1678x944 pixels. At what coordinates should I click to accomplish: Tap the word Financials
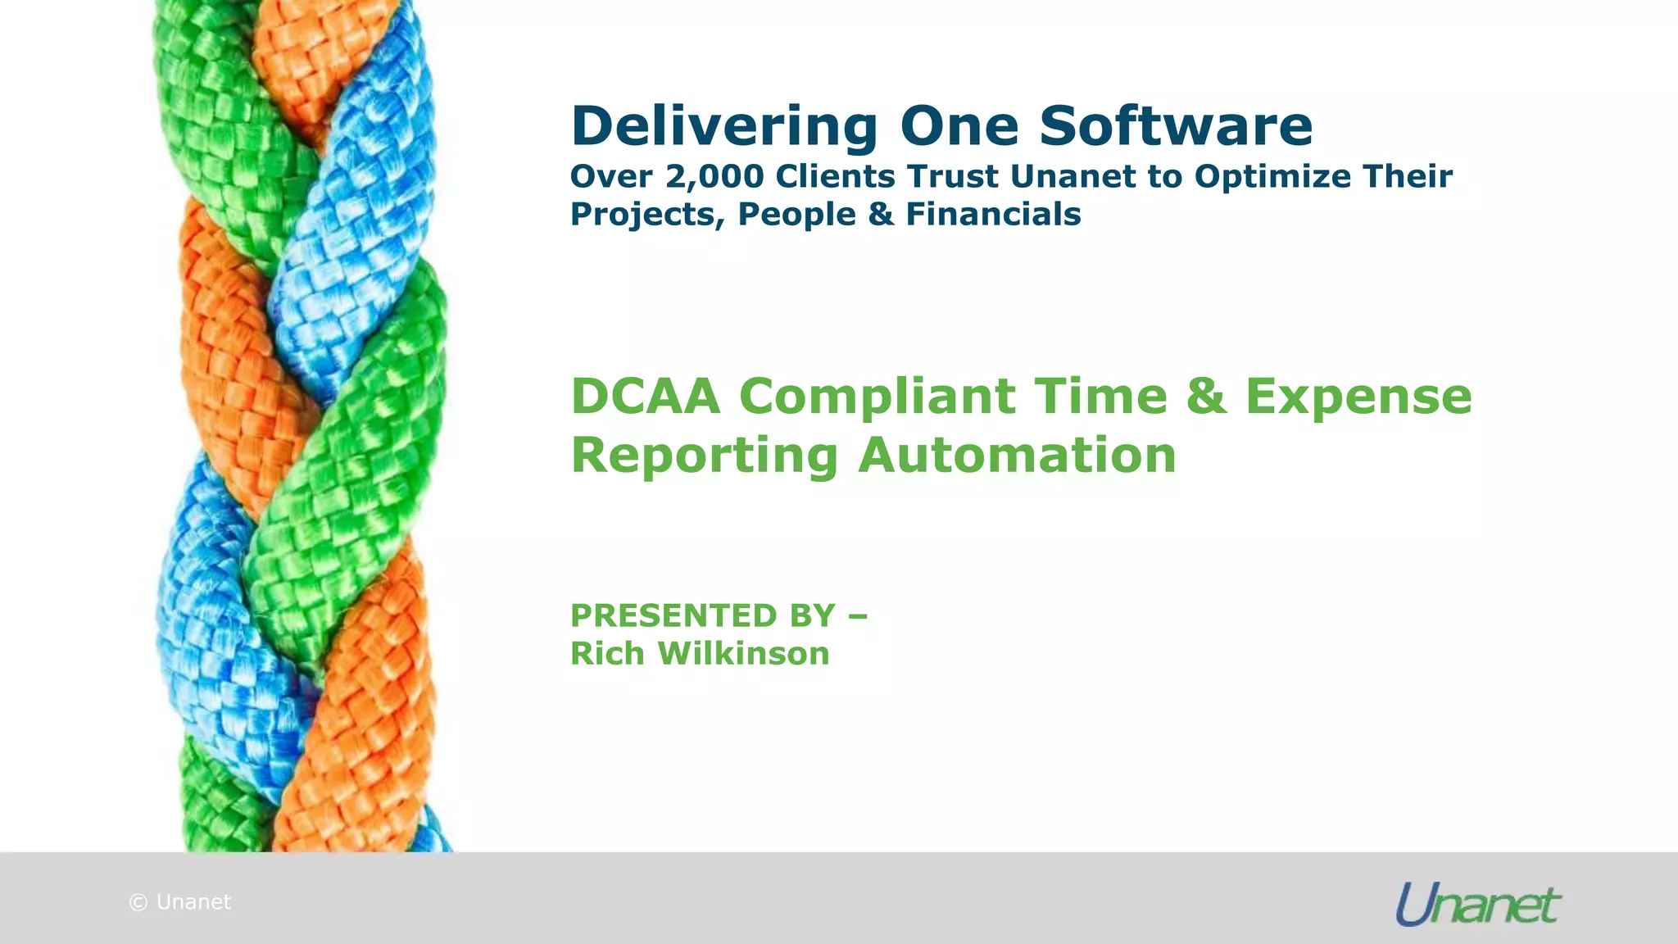click(993, 214)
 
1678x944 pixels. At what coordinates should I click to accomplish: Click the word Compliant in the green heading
click(878, 397)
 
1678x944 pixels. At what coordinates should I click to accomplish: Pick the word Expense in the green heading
click(1358, 397)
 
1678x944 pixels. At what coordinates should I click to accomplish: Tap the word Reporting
click(704, 456)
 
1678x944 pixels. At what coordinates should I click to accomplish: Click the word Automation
click(1017, 455)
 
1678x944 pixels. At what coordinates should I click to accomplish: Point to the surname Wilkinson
click(744, 653)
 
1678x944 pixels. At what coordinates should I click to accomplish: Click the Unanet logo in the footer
click(1478, 904)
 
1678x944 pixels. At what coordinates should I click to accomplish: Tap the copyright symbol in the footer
click(138, 902)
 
